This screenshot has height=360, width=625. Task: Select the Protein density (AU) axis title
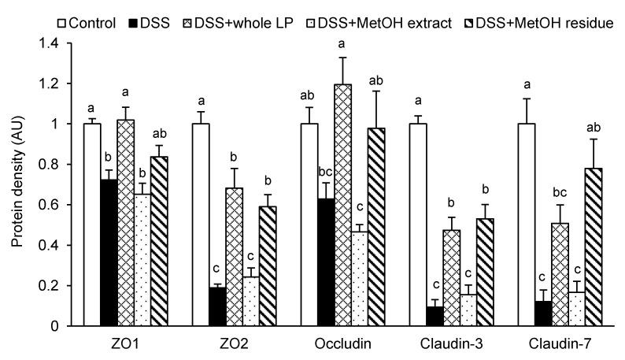coord(17,184)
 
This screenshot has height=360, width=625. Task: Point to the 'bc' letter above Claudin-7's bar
coord(560,191)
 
